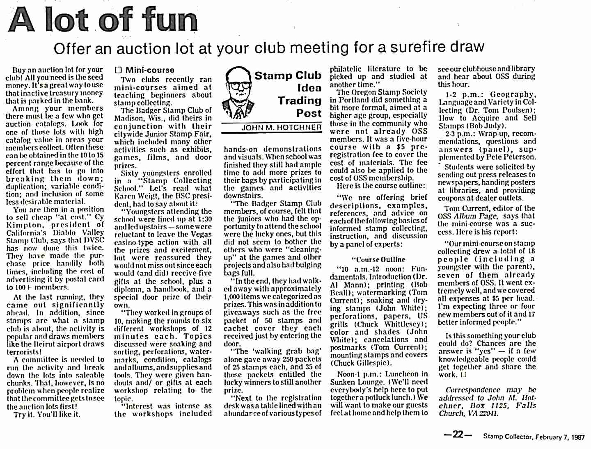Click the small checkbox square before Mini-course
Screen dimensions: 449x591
pos(118,70)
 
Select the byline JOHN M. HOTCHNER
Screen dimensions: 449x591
pos(281,128)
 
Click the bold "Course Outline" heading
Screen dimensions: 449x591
pos(378,260)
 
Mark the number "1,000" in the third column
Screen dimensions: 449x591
pos(233,296)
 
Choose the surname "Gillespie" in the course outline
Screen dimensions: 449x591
pos(374,363)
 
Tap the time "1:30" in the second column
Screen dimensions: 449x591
pos(204,219)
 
